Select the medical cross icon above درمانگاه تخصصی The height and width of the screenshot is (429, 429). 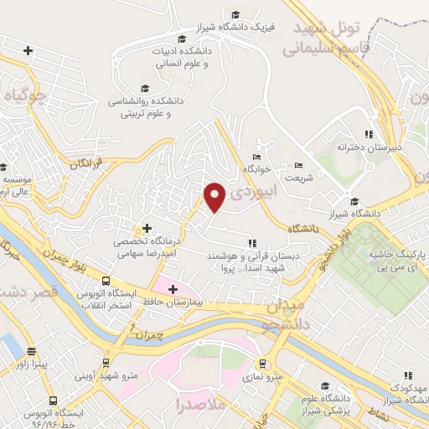147,228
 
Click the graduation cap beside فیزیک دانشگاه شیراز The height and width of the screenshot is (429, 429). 235,15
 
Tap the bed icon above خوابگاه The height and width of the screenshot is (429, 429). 256,157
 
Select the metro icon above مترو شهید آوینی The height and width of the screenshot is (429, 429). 105,362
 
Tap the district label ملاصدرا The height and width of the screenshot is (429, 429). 197,406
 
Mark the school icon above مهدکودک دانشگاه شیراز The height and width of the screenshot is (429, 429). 408,376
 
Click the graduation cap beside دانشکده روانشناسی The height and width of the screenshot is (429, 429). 145,88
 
